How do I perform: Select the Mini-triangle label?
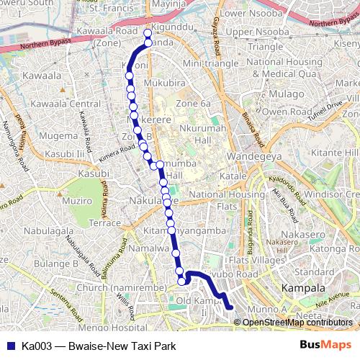click(x=210, y=63)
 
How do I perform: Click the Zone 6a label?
click(x=194, y=104)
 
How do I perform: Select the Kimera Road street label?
click(x=117, y=148)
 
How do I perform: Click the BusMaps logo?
click(x=325, y=345)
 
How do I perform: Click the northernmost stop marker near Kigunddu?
click(x=148, y=33)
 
